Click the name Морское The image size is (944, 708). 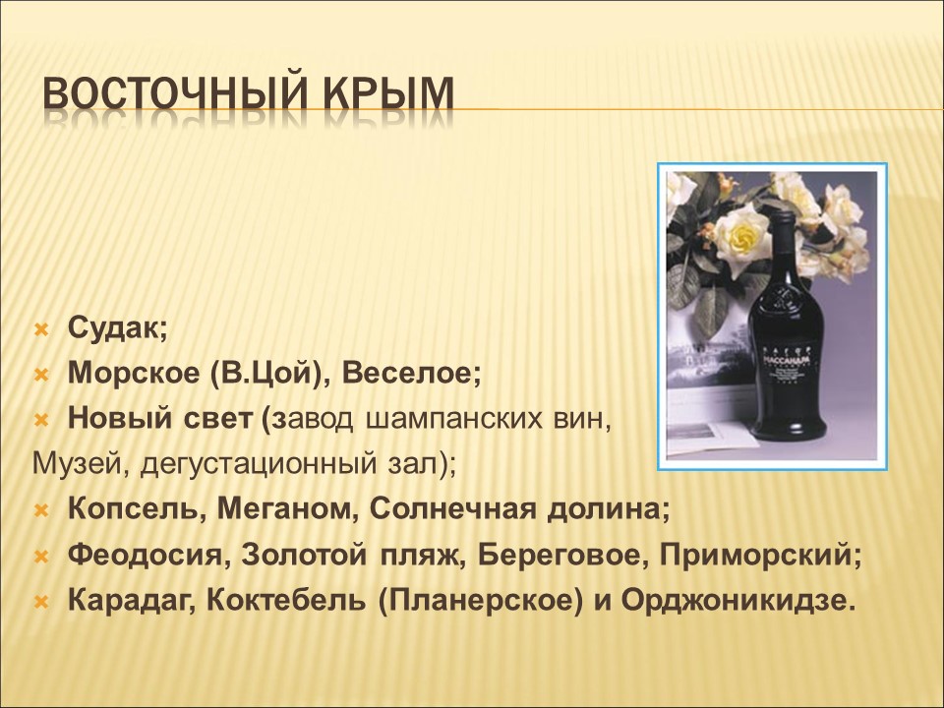point(133,374)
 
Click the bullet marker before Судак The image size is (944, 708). point(40,328)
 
